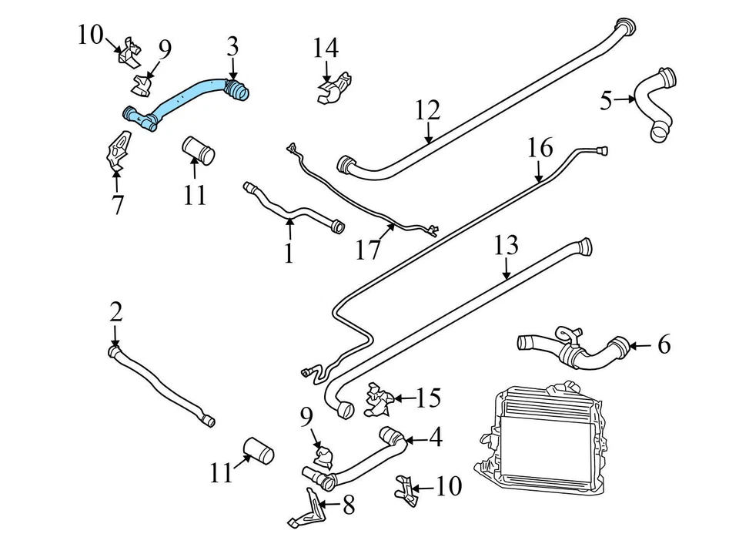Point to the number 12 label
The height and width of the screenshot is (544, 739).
pyautogui.click(x=427, y=111)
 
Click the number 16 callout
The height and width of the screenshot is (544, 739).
pyautogui.click(x=540, y=147)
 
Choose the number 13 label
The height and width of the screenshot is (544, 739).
pyautogui.click(x=506, y=246)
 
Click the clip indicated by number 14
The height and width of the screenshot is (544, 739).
pyautogui.click(x=333, y=89)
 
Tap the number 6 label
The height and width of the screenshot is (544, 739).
pyautogui.click(x=664, y=344)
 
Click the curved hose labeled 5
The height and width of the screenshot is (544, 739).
pyautogui.click(x=658, y=104)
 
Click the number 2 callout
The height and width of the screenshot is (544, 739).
pyautogui.click(x=115, y=312)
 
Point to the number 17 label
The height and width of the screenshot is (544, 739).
pyautogui.click(x=369, y=250)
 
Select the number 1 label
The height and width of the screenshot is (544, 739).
pyautogui.click(x=289, y=253)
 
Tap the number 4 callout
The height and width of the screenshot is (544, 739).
pyautogui.click(x=435, y=438)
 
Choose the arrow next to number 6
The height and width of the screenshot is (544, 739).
pyautogui.click(x=639, y=345)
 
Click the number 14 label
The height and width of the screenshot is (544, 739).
pyautogui.click(x=326, y=48)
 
